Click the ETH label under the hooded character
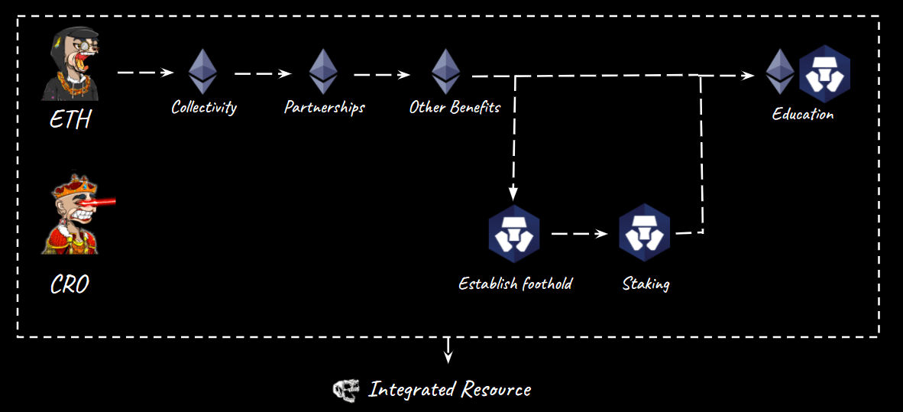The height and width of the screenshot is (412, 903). point(70,120)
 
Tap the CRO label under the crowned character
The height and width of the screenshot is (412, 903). point(70,285)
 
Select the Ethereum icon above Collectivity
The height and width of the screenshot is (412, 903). point(202,72)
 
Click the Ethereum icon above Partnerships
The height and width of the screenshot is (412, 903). point(323,72)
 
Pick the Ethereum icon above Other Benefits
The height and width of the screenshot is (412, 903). point(445,72)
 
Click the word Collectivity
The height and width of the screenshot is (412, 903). point(203,107)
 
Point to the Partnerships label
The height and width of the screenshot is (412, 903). point(324,107)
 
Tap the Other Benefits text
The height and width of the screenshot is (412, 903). point(455,107)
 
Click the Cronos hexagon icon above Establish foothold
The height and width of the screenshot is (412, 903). point(514,234)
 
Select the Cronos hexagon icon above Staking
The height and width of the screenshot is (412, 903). point(645,233)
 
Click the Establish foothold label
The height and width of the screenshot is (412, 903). point(515,284)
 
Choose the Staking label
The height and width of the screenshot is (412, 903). point(646,284)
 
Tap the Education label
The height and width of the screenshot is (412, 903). point(802,115)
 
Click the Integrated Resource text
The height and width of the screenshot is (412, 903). point(449,390)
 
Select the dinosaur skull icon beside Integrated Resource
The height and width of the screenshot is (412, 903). point(345,390)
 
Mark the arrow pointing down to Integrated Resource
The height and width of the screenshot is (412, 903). point(448,350)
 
